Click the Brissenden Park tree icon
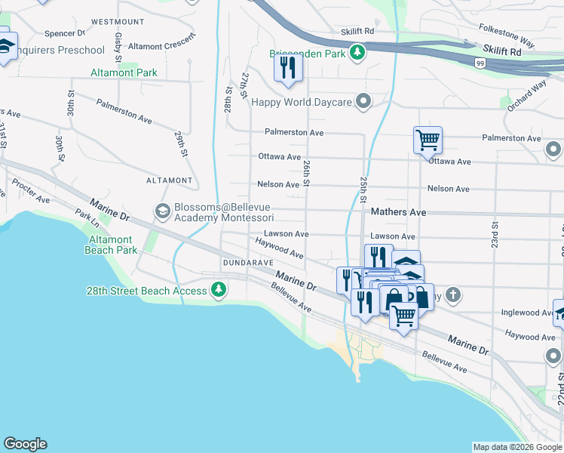tap(357, 53)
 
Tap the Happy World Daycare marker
tap(364, 101)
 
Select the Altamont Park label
tap(124, 72)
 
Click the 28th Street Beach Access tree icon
tap(219, 291)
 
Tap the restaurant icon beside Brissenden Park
tap(287, 68)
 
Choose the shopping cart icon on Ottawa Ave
tap(427, 140)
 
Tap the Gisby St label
tap(119, 47)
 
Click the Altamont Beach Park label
tap(112, 245)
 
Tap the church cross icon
tap(452, 294)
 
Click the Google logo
tap(25, 444)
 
